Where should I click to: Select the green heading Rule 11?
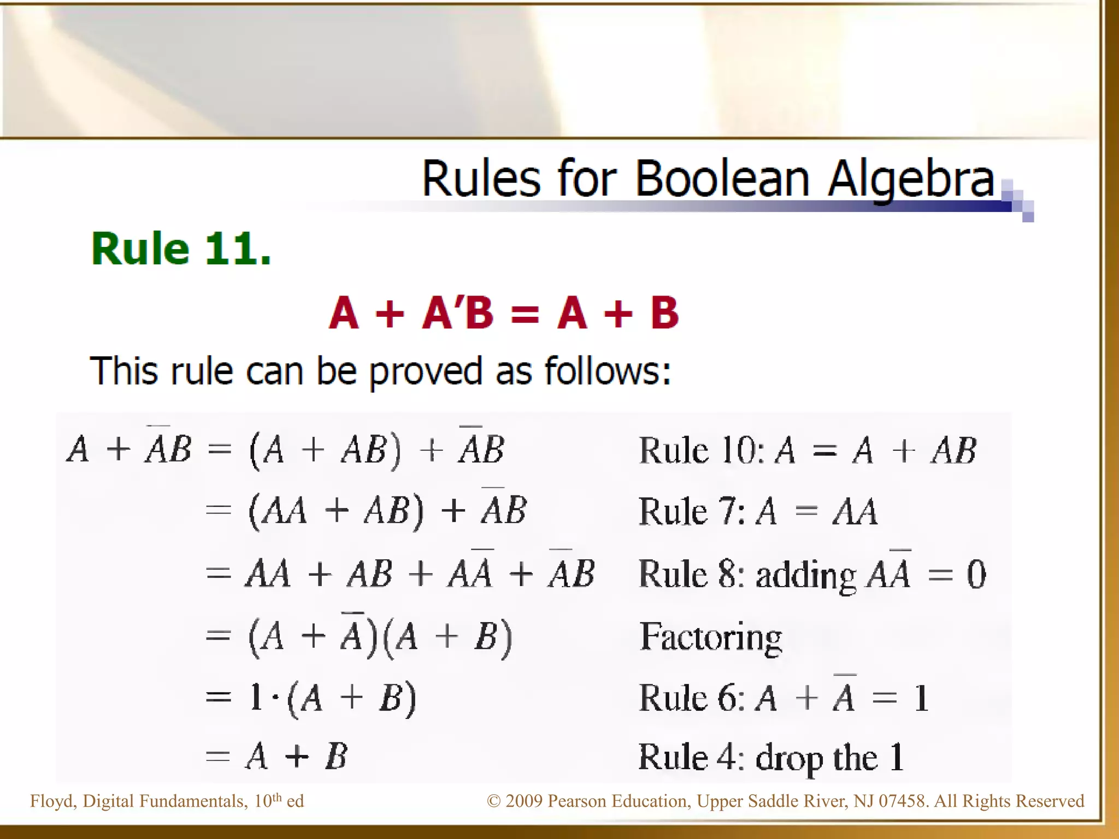[x=181, y=249]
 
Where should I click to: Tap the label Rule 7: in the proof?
[x=692, y=512]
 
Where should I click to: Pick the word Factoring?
[x=711, y=637]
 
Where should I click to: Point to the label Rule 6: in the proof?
[x=692, y=699]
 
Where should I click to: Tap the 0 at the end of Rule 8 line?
[x=976, y=575]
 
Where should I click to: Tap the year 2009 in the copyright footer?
[x=524, y=801]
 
